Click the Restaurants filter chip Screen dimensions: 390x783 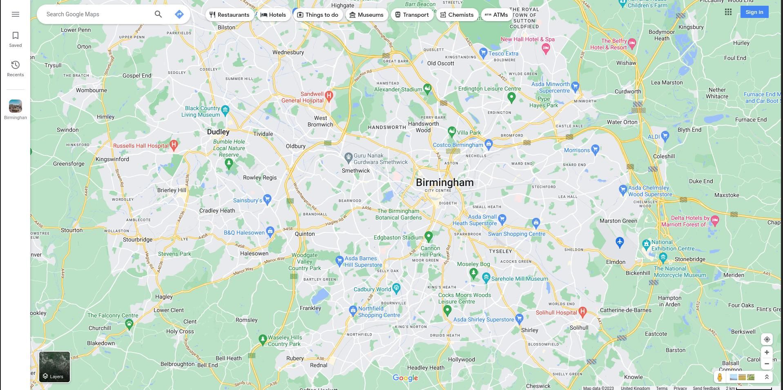click(x=229, y=15)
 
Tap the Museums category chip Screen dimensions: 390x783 click(x=366, y=15)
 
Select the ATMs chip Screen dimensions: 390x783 click(x=496, y=15)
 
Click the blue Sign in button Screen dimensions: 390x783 click(x=754, y=12)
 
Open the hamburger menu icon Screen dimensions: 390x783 click(x=16, y=14)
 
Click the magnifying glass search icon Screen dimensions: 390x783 click(x=158, y=14)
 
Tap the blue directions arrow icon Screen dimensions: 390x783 click(x=179, y=14)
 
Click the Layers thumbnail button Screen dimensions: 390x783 click(x=54, y=367)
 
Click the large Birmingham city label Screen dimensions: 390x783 click(x=444, y=182)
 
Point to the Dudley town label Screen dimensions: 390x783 click(x=218, y=132)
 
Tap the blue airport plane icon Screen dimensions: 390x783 click(x=620, y=242)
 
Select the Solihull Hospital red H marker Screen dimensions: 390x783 click(x=583, y=312)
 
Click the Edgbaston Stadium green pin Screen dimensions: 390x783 click(x=428, y=236)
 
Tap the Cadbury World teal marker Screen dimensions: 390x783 click(x=396, y=288)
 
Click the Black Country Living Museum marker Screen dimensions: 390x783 click(x=225, y=110)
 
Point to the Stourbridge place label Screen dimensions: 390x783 click(x=138, y=239)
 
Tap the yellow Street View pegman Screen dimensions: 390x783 click(x=720, y=377)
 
